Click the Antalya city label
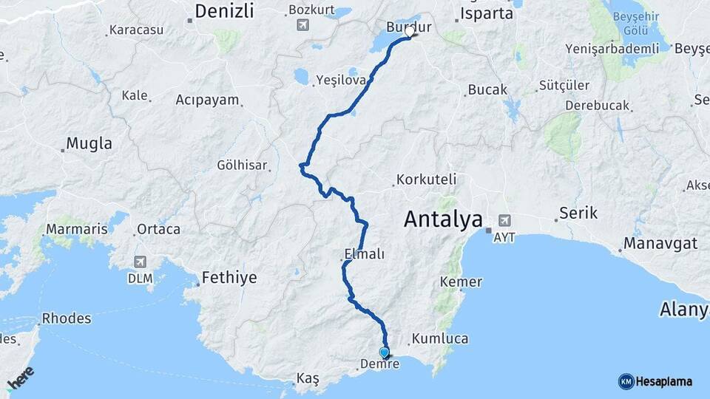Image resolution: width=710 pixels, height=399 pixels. [444, 219]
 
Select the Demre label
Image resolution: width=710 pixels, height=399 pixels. [379, 364]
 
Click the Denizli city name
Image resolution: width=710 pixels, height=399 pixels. [224, 11]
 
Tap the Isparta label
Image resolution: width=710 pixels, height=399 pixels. [486, 13]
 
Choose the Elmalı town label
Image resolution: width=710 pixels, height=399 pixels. [364, 254]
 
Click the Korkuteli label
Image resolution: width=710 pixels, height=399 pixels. [426, 179]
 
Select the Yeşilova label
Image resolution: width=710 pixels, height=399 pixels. [341, 80]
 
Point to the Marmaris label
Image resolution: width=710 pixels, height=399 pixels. [76, 229]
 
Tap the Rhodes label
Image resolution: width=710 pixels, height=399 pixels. [67, 319]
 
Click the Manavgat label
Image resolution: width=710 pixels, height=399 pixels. [660, 243]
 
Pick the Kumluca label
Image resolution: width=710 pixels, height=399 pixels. [440, 338]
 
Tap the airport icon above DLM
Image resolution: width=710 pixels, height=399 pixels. [140, 262]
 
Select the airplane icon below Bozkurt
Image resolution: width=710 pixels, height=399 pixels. [302, 26]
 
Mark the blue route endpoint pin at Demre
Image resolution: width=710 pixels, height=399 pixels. [384, 353]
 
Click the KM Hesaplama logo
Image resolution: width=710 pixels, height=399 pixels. [655, 381]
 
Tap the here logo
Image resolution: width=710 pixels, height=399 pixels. [20, 378]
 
